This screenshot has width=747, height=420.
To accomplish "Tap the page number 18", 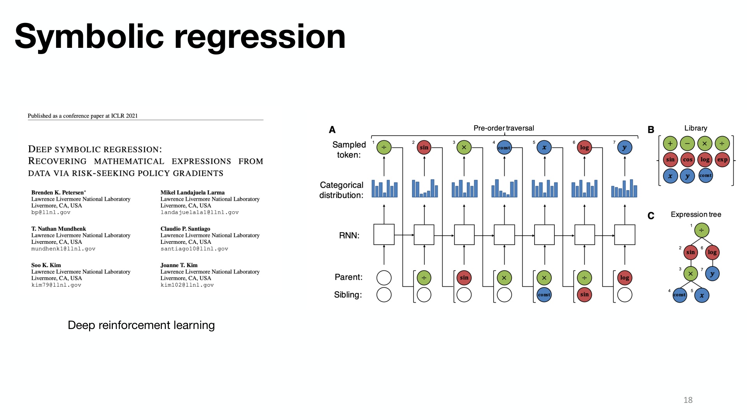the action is pyautogui.click(x=688, y=400).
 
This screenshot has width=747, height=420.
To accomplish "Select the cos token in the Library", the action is pyautogui.click(x=687, y=159).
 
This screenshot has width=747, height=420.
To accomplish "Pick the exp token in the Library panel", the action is pyautogui.click(x=722, y=159).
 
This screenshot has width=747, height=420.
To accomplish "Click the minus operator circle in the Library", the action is pyautogui.click(x=687, y=143).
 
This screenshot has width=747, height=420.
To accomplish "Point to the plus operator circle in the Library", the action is pyautogui.click(x=670, y=143).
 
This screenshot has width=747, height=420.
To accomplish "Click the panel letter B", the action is pyautogui.click(x=651, y=130).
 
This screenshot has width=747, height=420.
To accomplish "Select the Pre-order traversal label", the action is pyautogui.click(x=503, y=128).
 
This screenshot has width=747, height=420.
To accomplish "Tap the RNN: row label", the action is pyautogui.click(x=349, y=235).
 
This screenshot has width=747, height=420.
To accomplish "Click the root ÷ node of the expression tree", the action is pyautogui.click(x=701, y=230).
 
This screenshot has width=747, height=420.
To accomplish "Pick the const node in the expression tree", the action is pyautogui.click(x=680, y=295).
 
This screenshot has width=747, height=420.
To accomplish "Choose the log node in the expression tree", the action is pyautogui.click(x=712, y=252).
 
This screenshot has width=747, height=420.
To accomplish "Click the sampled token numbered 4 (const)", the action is pyautogui.click(x=504, y=147).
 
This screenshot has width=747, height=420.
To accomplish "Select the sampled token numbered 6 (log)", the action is pyautogui.click(x=584, y=147).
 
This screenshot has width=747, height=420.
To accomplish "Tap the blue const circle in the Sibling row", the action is pyautogui.click(x=544, y=294).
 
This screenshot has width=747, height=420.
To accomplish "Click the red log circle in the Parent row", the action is pyautogui.click(x=624, y=278).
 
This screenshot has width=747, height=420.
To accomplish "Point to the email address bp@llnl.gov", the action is pyautogui.click(x=51, y=212).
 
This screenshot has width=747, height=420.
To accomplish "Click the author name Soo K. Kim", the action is pyautogui.click(x=46, y=265).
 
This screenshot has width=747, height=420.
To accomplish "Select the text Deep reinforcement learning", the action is pyautogui.click(x=141, y=325).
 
